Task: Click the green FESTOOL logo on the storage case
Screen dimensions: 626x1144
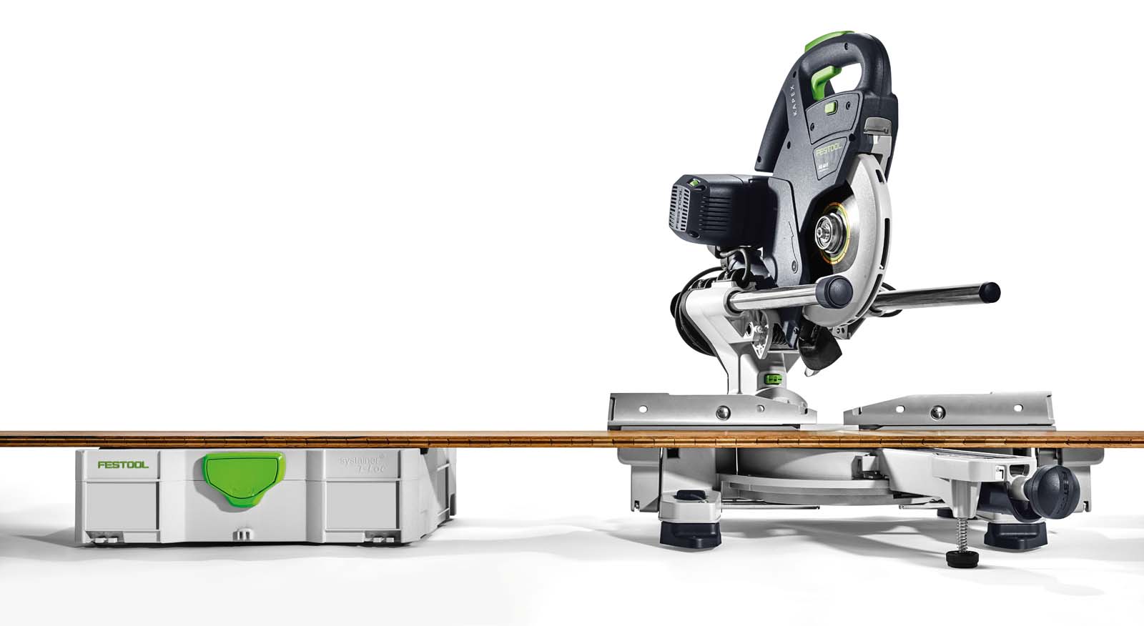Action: click(123, 464)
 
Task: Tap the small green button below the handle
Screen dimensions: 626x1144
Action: click(830, 107)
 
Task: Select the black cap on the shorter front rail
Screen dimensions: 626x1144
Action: click(839, 290)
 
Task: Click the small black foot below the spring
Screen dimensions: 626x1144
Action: click(962, 557)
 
